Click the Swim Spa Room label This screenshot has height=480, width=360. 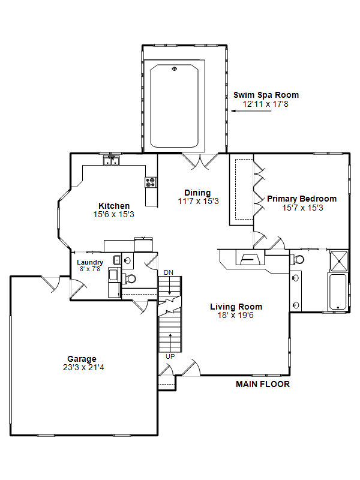coord(266,95)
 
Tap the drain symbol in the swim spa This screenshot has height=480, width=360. coord(175,68)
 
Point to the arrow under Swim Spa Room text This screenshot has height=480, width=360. coord(251,111)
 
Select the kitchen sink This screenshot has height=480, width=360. coord(112,160)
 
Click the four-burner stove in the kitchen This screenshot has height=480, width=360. coord(151,182)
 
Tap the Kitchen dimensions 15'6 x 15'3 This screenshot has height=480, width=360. coord(114,214)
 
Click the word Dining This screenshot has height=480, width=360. coord(197,193)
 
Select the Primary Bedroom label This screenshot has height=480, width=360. coord(302,199)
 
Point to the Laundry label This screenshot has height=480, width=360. coord(90,262)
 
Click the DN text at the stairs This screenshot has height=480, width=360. coord(169,272)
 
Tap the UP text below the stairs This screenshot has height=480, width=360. coord(170,356)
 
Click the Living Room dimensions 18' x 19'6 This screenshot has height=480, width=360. coord(236,316)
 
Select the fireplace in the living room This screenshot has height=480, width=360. coord(250,257)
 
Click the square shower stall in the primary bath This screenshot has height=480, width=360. coord(339,261)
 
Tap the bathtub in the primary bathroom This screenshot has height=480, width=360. coord(338,292)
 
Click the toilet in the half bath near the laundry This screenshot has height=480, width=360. coord(129,278)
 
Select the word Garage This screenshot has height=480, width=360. coord(82,359)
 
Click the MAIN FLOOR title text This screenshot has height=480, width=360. coord(263,384)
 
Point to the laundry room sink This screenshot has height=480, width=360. coord(118,260)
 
